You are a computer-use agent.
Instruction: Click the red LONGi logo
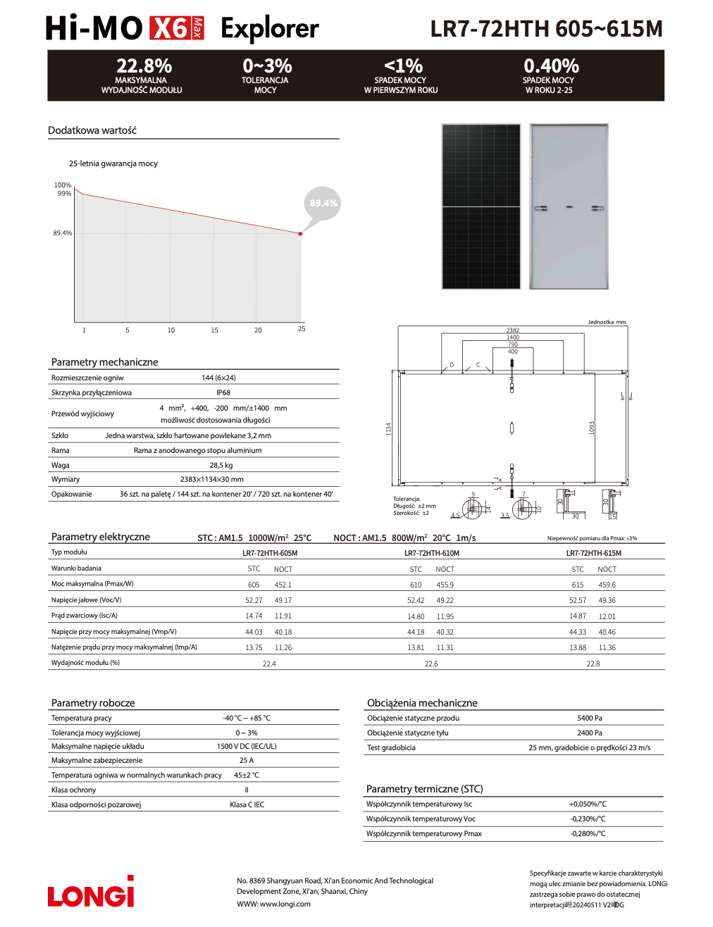[90, 893]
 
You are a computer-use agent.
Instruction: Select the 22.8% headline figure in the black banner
[144, 66]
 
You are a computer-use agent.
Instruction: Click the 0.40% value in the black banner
[551, 66]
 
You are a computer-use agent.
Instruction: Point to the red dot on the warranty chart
[301, 233]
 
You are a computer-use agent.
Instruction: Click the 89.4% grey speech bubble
[323, 204]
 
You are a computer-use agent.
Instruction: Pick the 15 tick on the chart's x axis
[214, 330]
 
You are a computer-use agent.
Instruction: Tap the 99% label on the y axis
[64, 194]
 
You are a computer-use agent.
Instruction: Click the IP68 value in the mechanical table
[223, 393]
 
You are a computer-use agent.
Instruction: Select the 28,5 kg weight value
[221, 465]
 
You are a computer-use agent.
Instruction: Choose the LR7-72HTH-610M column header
[431, 553]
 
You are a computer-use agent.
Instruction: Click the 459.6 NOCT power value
[607, 585]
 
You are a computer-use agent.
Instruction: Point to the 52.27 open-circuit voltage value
[254, 601]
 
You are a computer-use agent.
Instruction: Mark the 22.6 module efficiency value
[431, 664]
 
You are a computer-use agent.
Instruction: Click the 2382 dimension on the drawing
[512, 330]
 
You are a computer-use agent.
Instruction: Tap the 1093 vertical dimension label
[593, 428]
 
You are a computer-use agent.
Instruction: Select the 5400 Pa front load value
[589, 718]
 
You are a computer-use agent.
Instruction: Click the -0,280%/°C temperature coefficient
[588, 834]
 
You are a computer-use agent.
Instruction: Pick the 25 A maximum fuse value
[246, 761]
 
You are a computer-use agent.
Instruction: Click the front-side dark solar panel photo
[481, 206]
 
